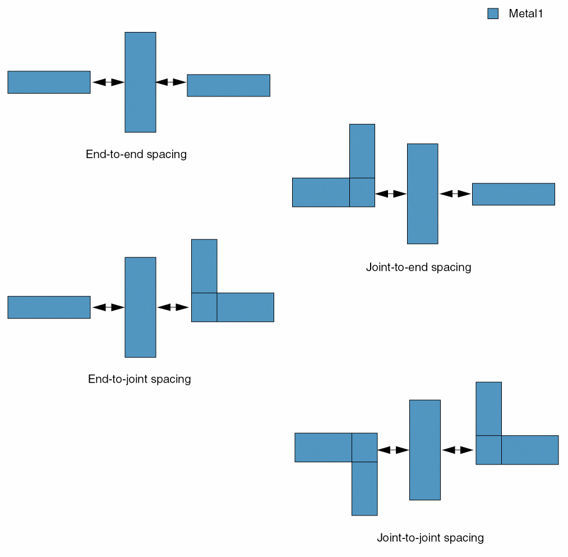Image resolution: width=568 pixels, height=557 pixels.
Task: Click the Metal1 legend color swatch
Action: pos(493,14)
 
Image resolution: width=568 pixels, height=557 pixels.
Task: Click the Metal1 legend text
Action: pos(526,14)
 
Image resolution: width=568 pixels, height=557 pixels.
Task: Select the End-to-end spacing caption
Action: pos(136,154)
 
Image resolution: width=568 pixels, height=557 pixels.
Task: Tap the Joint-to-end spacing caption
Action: pos(418,267)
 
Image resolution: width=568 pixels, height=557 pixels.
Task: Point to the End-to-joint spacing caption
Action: pos(140,379)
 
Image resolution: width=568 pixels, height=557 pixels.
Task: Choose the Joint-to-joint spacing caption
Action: pos(430,538)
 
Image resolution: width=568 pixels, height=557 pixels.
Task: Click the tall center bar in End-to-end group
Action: pos(140,82)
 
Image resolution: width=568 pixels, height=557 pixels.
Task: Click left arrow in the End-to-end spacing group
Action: pos(108,82)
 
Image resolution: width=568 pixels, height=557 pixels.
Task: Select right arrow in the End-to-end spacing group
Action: pos(171,82)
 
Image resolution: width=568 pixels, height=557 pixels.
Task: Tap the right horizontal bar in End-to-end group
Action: pos(228,85)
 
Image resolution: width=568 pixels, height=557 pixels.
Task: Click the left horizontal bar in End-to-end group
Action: pos(49,82)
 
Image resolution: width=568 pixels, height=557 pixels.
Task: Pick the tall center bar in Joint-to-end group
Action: pos(422,194)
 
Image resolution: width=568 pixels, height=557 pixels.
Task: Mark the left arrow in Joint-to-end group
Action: pos(391,194)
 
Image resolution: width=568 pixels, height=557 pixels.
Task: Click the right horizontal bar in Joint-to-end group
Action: pos(513,194)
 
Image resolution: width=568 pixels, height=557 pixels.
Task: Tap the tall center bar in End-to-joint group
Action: pos(140,307)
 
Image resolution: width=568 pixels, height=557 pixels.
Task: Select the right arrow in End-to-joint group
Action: pos(173,307)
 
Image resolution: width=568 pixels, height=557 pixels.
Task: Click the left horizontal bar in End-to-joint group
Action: pos(49,307)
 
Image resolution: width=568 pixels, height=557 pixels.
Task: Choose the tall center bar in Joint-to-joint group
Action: pos(424,449)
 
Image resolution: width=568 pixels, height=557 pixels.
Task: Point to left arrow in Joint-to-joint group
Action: pos(393,450)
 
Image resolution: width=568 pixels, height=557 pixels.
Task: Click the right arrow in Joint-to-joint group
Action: pos(458,450)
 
